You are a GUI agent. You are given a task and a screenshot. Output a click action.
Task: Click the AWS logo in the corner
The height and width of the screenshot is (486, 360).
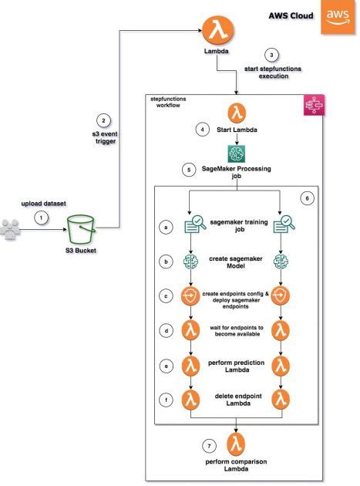tap(337, 16)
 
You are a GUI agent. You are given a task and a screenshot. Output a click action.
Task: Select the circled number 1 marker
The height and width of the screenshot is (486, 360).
tap(40, 218)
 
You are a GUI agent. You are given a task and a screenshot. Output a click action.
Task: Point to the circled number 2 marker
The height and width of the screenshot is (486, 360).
tap(103, 120)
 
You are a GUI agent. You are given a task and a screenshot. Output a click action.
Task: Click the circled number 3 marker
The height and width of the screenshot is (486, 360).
tap(270, 55)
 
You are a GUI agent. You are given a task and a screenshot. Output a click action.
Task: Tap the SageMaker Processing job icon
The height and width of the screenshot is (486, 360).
tap(236, 153)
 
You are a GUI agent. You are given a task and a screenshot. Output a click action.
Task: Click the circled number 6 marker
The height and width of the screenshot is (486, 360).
tap(307, 198)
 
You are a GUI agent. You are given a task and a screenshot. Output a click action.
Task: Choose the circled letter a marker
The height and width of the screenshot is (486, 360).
tap(165, 226)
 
